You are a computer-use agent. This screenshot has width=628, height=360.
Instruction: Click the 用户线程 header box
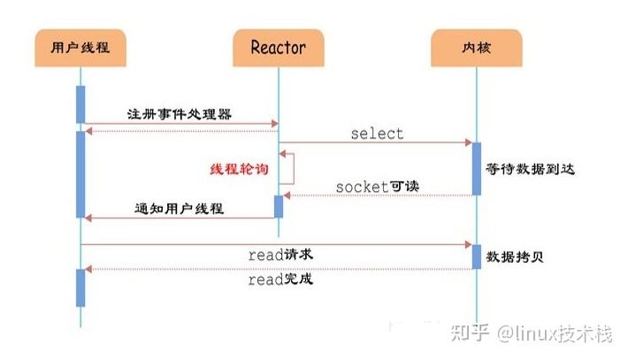coord(80,47)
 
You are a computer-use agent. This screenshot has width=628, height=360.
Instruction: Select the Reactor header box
coord(278,47)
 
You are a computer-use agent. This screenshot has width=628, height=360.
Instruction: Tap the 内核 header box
coord(476,47)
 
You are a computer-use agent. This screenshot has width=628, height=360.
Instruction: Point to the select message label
coord(377,134)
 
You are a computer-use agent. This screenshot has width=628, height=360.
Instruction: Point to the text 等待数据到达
coord(531,168)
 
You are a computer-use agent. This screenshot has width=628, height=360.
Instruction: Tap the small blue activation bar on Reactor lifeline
coord(278,206)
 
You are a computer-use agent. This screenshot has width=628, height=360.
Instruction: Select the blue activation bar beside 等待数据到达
coord(476,168)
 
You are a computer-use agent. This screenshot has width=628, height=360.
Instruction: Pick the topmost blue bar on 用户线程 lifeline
coord(80,104)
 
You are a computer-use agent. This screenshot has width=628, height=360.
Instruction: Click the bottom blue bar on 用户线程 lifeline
coord(80,287)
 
